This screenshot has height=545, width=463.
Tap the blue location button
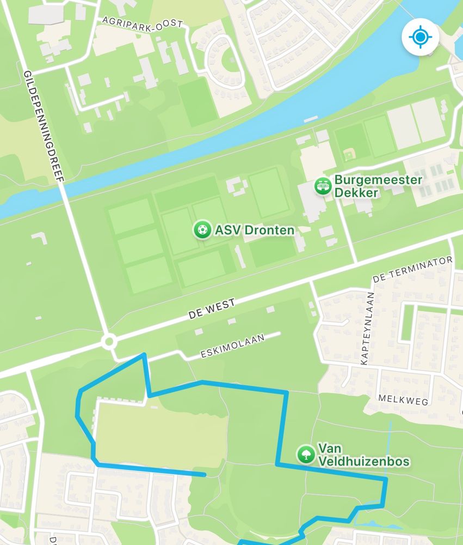point(420,37)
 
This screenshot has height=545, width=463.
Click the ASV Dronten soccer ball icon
point(202,229)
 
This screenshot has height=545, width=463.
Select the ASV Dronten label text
point(254,230)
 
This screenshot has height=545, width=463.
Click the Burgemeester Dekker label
point(378,186)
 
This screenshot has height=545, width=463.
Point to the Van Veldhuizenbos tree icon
point(306,454)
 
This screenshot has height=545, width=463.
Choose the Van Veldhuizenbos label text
point(363,455)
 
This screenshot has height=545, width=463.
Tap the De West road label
point(212,309)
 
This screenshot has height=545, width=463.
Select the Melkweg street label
point(403,401)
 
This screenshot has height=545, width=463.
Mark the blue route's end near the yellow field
point(205,475)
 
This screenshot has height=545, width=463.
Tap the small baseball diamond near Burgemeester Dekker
point(348,153)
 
